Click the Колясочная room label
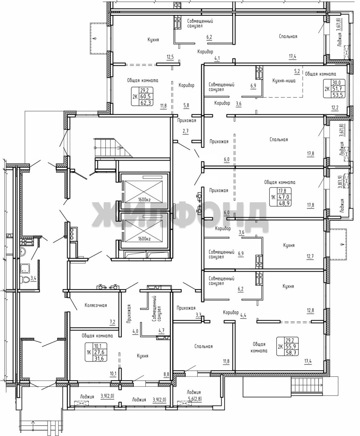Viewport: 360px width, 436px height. (x=96, y=305)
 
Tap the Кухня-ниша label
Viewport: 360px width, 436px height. (x=284, y=81)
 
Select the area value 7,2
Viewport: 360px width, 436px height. (x=112, y=322)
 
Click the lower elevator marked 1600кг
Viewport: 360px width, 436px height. (x=144, y=230)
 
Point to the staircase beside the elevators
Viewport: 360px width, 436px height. (x=112, y=148)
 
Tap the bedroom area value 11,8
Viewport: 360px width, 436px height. (x=226, y=361)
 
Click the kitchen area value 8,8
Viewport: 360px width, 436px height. (x=166, y=374)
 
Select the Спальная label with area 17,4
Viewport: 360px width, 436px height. (x=288, y=36)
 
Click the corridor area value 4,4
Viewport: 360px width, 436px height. (x=243, y=315)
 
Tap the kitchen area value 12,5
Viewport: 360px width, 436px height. (x=170, y=57)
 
